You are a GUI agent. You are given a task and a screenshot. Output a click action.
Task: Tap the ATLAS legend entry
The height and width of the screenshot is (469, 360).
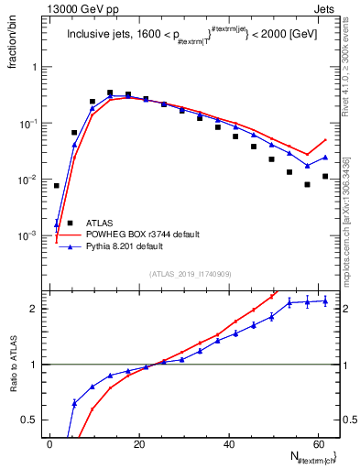(x=99, y=222)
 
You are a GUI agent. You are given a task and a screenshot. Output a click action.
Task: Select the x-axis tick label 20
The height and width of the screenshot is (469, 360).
(x=139, y=444)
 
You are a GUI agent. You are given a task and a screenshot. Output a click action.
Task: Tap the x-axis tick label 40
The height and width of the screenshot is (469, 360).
(x=229, y=444)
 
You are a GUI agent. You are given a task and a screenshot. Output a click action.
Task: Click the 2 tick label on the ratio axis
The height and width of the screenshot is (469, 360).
(x=37, y=309)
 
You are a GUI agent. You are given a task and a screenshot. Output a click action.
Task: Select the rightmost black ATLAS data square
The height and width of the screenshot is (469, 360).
(x=325, y=176)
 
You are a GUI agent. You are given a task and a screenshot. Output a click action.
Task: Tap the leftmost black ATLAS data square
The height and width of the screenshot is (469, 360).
(x=57, y=186)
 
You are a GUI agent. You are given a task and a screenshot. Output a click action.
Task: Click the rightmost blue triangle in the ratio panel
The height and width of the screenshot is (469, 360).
(x=325, y=300)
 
